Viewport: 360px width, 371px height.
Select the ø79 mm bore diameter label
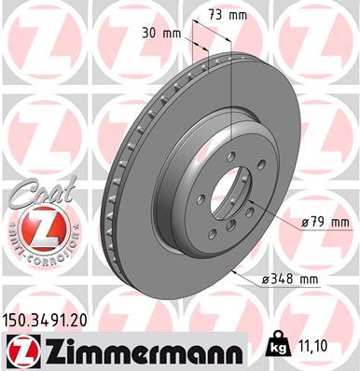(325, 223)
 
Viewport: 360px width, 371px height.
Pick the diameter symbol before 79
(305, 223)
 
